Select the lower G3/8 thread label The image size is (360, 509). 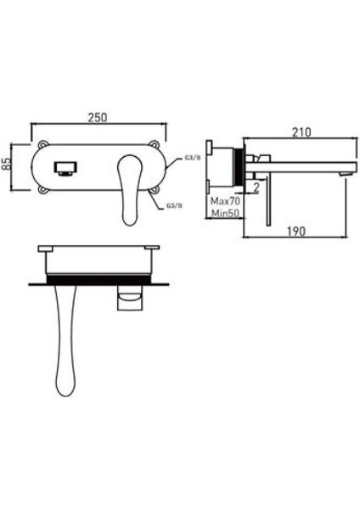(x=175, y=205)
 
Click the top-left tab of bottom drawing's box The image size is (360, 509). (x=46, y=247)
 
